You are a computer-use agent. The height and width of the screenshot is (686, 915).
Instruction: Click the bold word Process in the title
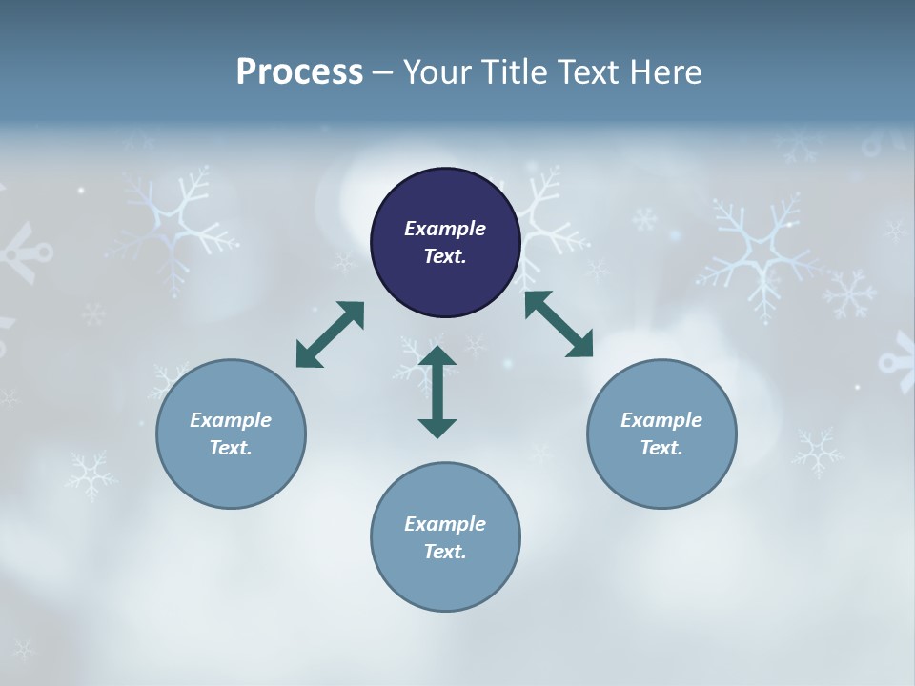(299, 72)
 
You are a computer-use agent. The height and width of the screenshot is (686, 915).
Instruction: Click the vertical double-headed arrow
(437, 392)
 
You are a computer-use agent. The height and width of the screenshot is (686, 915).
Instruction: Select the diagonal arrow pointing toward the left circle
(330, 334)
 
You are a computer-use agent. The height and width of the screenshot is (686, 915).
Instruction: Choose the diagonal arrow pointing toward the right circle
(559, 324)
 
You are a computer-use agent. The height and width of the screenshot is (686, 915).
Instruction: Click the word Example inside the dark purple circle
(445, 229)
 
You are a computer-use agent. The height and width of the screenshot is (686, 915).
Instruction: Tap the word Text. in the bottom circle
(445, 552)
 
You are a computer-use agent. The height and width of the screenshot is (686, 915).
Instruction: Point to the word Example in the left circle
(231, 420)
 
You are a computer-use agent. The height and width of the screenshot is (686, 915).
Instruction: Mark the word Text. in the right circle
(661, 448)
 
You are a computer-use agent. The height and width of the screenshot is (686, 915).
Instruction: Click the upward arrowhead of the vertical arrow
(437, 356)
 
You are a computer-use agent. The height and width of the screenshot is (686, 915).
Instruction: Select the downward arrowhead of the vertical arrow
(437, 428)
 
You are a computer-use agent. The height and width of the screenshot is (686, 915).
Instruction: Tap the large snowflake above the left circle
(176, 224)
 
